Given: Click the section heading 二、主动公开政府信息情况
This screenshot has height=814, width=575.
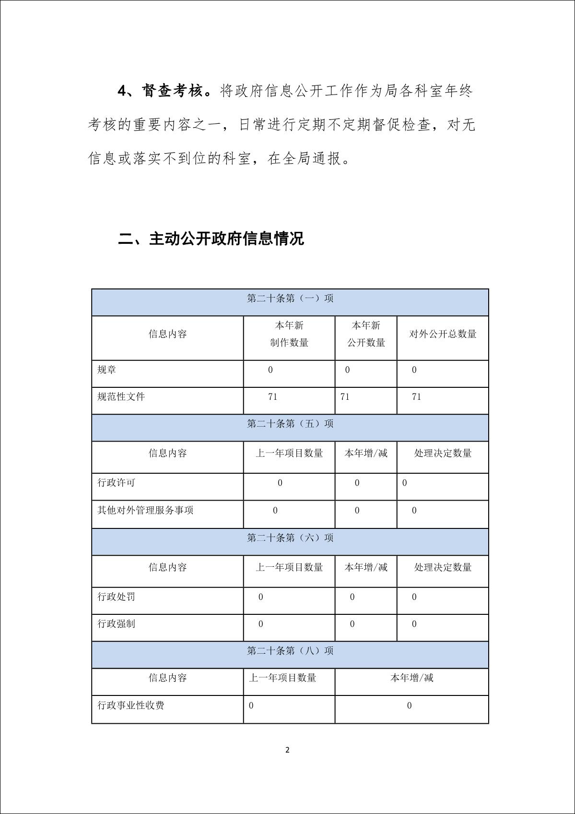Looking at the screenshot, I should pos(211,239).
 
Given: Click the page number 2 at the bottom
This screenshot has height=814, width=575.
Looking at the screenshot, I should pos(287,750).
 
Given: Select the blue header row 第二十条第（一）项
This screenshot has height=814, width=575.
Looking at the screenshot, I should pos(290,299).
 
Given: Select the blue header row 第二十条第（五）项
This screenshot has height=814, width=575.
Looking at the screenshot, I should pos(290,424).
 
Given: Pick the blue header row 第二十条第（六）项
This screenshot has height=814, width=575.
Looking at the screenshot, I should pos(290,538).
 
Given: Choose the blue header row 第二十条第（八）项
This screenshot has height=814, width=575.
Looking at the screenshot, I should pos(290,651).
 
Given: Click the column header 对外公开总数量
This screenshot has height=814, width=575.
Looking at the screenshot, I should pos(443,334).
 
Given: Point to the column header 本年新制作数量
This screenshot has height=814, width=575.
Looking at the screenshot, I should pos(289,334).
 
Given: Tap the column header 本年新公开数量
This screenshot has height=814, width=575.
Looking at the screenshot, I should pos(366,334).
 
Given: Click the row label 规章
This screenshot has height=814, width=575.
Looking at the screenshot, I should pos(106,370).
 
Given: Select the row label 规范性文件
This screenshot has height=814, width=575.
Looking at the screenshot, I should pos(121,397).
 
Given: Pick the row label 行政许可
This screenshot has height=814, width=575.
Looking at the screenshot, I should pos(116,483).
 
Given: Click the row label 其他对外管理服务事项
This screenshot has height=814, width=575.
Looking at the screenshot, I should pos(145,510).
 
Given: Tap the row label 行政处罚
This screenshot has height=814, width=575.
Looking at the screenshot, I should pos(116,597).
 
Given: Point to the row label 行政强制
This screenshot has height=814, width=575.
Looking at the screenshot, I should pos(116,624).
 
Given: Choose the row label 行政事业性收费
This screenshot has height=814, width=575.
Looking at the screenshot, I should pos(131,706).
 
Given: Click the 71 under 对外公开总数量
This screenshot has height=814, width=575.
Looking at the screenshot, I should pos(416,397).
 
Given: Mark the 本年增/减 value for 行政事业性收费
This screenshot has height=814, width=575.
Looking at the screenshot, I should pos(409,706).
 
